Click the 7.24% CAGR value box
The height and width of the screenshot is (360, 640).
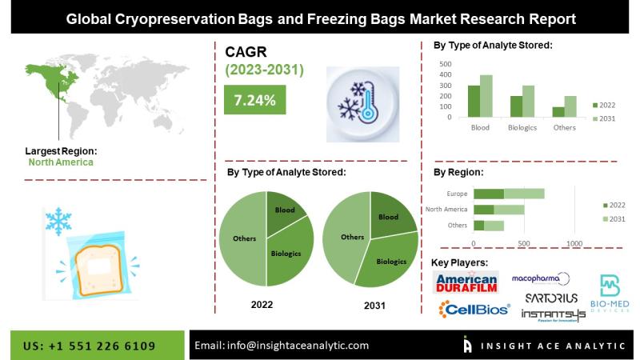pos(255,100)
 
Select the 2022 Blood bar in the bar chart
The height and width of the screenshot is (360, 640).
pos(474,101)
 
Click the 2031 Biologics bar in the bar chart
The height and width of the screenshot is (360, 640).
pos(528,101)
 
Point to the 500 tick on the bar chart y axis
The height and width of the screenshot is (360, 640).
pos(446,64)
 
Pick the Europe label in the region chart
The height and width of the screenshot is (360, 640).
pos(457,193)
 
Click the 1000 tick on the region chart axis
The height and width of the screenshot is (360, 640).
pos(574,243)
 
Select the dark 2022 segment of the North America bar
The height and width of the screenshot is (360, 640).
pos(483,209)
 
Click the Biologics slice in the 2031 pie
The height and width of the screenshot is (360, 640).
pos(389,260)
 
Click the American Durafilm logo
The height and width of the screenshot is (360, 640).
pos(466,281)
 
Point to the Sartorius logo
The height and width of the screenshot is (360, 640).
pos(551,298)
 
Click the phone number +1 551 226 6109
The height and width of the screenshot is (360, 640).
pos(90,346)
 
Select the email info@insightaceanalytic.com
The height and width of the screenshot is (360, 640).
pos(282,346)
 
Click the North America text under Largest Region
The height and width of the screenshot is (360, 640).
pos(61,162)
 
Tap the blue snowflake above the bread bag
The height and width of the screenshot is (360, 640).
pos(58,222)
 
